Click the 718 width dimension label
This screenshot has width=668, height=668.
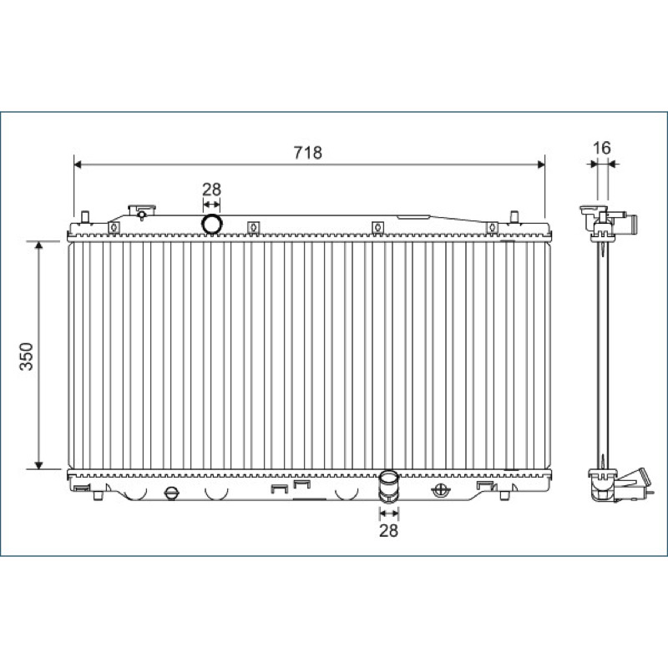pos(307,153)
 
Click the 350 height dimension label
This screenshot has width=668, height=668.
pos(27,357)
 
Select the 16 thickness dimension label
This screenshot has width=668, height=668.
pos(601,148)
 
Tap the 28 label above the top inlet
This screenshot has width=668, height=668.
pos(211,190)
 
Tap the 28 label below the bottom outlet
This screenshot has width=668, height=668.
pos(388,530)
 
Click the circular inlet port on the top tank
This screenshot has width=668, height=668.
pos(212,224)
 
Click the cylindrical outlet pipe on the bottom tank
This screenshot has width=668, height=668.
pos(388,485)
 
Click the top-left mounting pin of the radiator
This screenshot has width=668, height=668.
pos(85,217)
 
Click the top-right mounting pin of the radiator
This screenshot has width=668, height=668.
pos(514,217)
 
